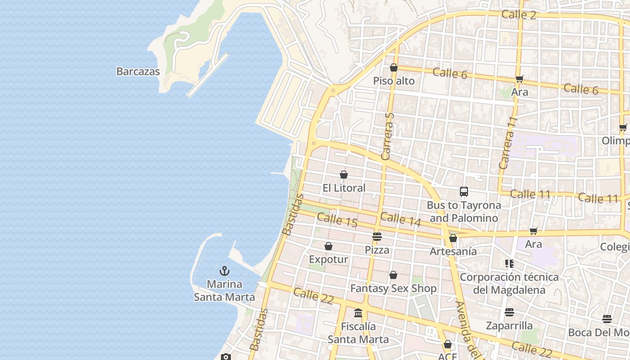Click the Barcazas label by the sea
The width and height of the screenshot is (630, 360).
pos(138,71)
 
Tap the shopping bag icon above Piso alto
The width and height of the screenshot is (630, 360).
pos(394,67)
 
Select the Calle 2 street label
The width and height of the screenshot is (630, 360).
pos(518,14)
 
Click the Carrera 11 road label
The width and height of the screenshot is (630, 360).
pos(506,143)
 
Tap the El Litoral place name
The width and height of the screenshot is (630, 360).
pos(344,188)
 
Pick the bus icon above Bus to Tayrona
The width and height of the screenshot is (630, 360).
pos(464,192)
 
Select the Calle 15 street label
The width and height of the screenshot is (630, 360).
pos(337,220)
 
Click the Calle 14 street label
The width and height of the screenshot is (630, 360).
pos(400,219)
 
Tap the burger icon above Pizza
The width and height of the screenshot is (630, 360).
pos(377,237)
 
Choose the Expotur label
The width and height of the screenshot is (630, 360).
pos(328,259)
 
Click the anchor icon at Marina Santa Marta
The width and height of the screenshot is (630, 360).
pos(224,271)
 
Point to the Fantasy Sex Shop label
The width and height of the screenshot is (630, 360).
pos(393,288)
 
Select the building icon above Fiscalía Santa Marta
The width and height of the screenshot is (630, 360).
pos(358,313)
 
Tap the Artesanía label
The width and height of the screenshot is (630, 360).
pos(453,251)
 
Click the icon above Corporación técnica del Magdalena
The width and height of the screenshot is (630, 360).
pos(509,264)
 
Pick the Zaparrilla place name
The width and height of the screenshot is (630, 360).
pos(509,325)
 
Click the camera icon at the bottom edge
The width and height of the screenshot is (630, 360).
pos(226,357)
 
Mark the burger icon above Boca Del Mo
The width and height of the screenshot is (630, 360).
pos(607,319)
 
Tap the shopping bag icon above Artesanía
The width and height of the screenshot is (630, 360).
pos(453,238)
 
